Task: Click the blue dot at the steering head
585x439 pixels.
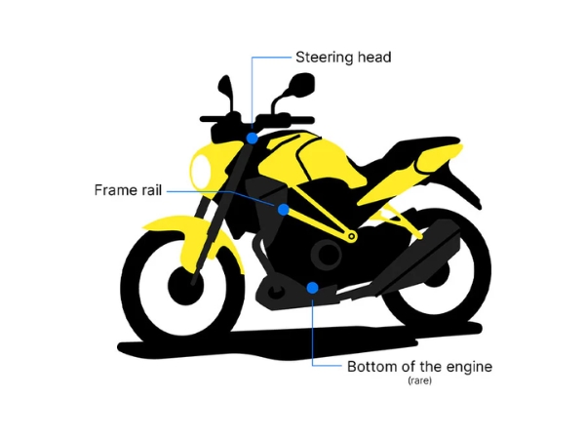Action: pos(253,139)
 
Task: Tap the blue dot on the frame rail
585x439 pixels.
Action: pos(283,210)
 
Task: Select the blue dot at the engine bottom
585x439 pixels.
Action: pos(312,288)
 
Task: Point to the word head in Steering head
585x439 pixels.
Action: pos(374,58)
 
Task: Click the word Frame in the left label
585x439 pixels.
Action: pos(115,190)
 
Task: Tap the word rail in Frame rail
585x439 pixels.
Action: pos(151,190)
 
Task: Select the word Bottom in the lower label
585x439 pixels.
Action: pos(371,367)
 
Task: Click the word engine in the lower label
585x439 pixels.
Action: pos(469,368)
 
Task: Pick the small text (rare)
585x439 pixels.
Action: pos(419,380)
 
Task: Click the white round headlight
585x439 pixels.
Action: pos(200,172)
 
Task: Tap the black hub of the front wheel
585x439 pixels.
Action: pos(185,286)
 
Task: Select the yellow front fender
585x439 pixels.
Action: pos(194,239)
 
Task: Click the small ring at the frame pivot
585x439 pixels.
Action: pos(351,236)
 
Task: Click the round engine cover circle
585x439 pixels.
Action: pos(327,254)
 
